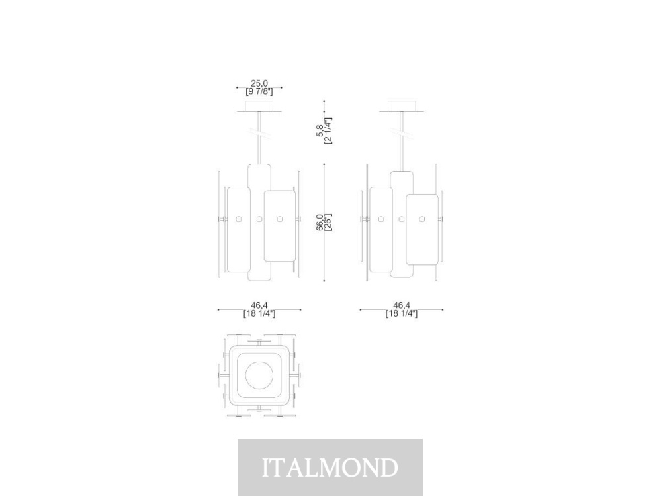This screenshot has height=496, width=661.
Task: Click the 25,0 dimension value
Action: (x=259, y=83)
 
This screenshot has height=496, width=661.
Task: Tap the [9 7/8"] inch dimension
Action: (x=259, y=91)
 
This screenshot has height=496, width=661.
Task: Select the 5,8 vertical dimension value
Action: (x=320, y=130)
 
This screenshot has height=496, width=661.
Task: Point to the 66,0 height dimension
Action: (x=320, y=223)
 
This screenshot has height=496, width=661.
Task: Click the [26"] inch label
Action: (x=328, y=223)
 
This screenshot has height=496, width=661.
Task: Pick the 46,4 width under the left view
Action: (x=259, y=305)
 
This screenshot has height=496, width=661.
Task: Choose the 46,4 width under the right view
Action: (x=402, y=305)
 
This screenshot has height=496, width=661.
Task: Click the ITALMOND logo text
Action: (x=330, y=468)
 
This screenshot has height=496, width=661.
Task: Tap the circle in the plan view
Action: (x=259, y=375)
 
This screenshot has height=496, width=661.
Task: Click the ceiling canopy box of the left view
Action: (x=259, y=105)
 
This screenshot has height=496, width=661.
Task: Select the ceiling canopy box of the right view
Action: (x=402, y=105)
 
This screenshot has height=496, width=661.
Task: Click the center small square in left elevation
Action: (x=259, y=219)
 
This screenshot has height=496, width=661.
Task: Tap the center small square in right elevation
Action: (x=402, y=219)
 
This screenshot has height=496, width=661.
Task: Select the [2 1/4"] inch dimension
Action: (x=328, y=130)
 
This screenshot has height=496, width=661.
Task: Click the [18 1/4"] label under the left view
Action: (x=259, y=313)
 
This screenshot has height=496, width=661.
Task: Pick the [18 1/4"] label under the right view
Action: (x=402, y=313)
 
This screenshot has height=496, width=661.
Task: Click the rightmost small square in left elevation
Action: (x=279, y=219)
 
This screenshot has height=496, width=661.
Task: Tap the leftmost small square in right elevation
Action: (x=381, y=219)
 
